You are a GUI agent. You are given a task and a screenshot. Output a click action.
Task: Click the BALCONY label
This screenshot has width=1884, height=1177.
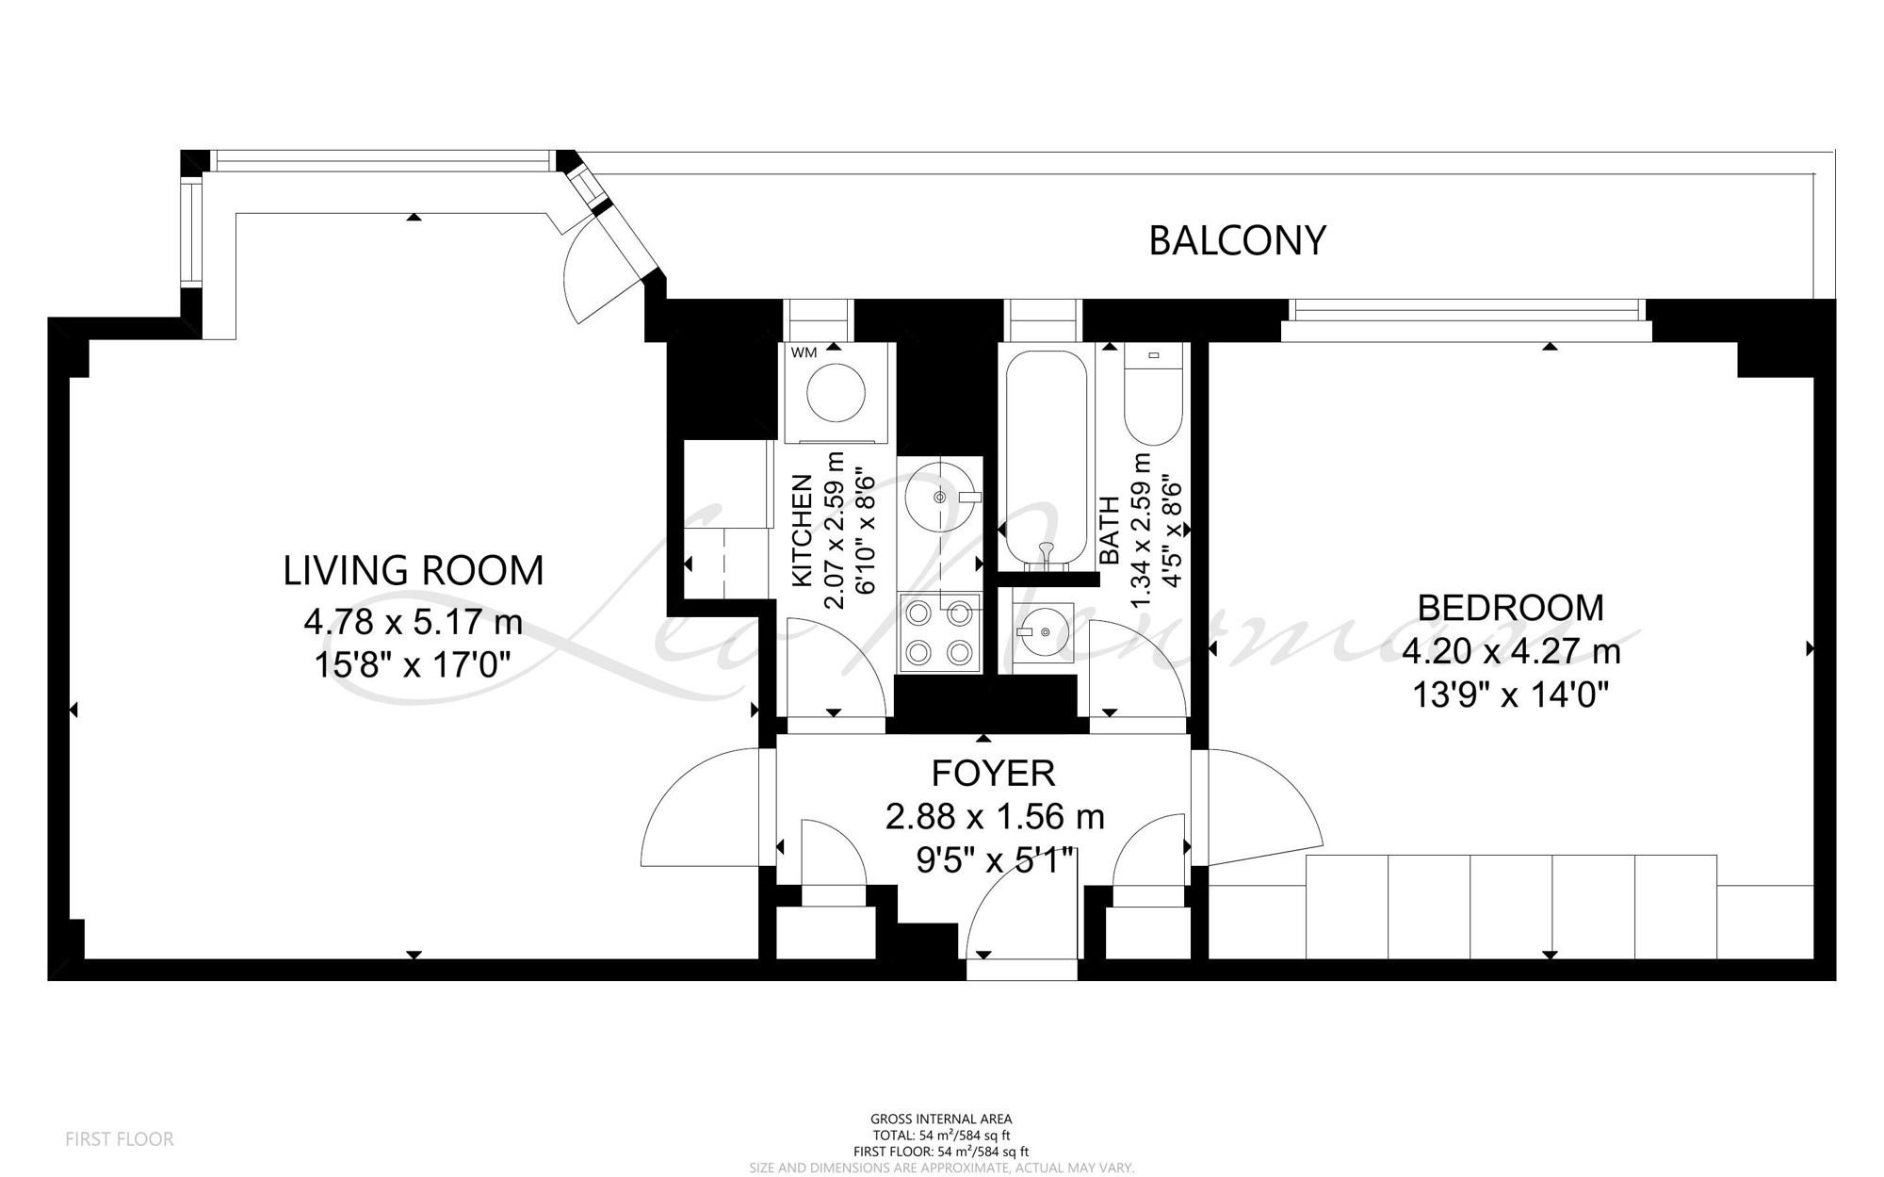(1237, 240)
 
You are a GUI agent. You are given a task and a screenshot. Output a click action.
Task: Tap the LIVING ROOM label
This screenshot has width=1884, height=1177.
(414, 571)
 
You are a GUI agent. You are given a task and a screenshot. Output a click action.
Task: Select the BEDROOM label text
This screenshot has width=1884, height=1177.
(1510, 608)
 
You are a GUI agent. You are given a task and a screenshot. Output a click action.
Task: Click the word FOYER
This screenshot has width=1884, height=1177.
(993, 773)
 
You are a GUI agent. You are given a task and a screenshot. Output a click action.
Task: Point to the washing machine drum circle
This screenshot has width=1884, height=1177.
(836, 393)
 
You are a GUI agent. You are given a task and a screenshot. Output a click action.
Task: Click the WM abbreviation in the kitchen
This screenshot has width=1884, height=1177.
(804, 353)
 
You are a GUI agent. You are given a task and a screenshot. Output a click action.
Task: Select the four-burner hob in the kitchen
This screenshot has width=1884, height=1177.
(939, 632)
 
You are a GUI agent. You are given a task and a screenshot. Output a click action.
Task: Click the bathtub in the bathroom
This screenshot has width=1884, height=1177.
(1046, 458)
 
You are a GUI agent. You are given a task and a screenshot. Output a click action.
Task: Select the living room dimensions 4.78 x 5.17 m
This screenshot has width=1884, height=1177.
(413, 622)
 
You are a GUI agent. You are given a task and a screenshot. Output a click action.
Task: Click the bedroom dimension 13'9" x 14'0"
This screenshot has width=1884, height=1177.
(1510, 695)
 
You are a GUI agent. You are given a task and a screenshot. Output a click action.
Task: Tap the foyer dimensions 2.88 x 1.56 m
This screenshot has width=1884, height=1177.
(994, 816)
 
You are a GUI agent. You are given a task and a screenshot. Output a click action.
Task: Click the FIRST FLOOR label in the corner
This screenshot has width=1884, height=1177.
(120, 1139)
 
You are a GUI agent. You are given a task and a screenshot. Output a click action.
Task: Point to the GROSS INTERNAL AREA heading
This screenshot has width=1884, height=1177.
(941, 1120)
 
